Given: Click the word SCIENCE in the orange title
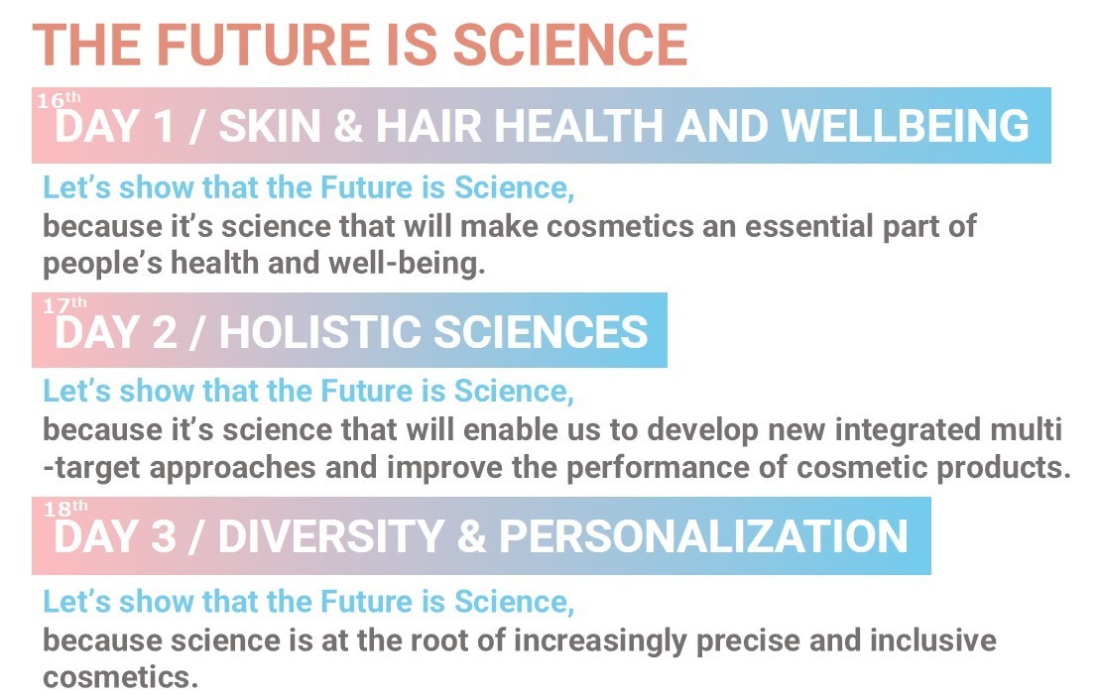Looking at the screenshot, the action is [x=569, y=45].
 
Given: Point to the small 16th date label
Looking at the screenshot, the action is [x=59, y=100].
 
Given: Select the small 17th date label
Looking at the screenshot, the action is [x=64, y=305].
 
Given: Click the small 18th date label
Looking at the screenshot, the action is [x=65, y=508].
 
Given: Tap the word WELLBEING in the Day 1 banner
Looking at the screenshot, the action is [x=905, y=126].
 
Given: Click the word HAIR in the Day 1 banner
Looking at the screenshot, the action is [x=428, y=126].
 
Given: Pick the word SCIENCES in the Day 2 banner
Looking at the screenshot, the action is [x=541, y=332].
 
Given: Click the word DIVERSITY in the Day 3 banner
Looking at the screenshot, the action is [x=331, y=536].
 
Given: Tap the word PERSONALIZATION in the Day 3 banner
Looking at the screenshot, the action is [x=703, y=536].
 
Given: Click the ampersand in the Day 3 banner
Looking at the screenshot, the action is [x=471, y=536].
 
